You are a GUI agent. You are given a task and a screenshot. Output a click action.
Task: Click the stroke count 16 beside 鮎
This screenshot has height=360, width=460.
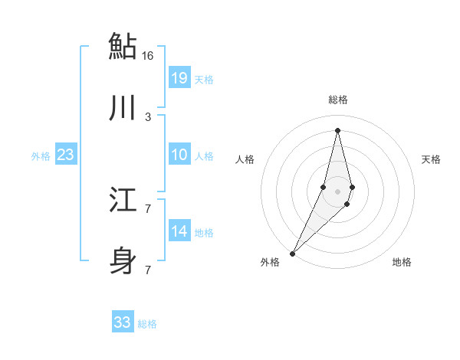148,55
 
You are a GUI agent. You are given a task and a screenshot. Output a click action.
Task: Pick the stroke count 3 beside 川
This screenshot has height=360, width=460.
148,116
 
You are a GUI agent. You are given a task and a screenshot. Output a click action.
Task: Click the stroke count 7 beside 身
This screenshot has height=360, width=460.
148,270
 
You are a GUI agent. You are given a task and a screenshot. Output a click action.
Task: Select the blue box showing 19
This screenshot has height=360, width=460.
179,77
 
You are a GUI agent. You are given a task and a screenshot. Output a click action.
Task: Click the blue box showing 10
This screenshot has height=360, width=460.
179,155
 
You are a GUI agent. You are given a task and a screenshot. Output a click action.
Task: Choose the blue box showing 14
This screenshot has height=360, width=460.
179,231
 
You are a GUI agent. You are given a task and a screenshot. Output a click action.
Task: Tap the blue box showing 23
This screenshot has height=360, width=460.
65,155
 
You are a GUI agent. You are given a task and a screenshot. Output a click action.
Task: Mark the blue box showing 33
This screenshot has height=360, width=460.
123,322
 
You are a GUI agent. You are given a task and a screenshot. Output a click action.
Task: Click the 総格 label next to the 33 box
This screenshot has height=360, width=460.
148,324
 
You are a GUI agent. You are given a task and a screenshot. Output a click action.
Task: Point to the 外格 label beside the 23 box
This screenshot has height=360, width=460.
41,156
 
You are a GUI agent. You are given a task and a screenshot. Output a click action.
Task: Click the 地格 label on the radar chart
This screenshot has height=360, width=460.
402,263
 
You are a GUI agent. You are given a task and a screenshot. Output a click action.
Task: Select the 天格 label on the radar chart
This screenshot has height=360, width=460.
431,159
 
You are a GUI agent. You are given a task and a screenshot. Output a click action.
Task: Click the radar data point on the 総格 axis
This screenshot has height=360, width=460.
337,129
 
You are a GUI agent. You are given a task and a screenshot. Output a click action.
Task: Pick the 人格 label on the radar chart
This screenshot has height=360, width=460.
245,159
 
